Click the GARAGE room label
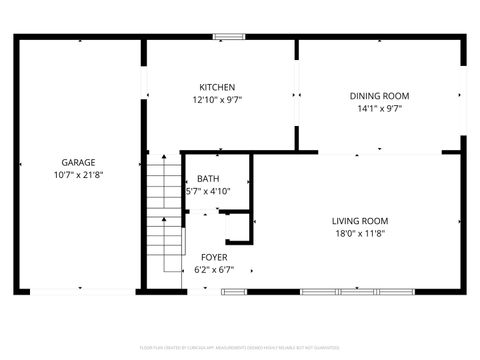[x=78, y=162]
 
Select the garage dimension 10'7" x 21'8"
[x=78, y=174]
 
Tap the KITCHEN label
[x=217, y=87]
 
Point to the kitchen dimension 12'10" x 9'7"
[x=217, y=99]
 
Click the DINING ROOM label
[x=379, y=96]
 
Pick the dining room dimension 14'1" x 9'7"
[x=379, y=108]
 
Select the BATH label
[x=208, y=179]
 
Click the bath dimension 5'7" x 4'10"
[x=208, y=191]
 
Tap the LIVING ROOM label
[x=360, y=221]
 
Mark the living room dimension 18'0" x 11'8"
[x=360, y=233]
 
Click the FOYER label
[x=213, y=257]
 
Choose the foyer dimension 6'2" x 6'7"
[x=213, y=269]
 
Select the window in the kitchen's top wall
[x=229, y=37]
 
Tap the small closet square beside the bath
[x=235, y=228]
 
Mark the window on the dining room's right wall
[x=465, y=96]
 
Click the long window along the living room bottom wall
[x=340, y=291]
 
